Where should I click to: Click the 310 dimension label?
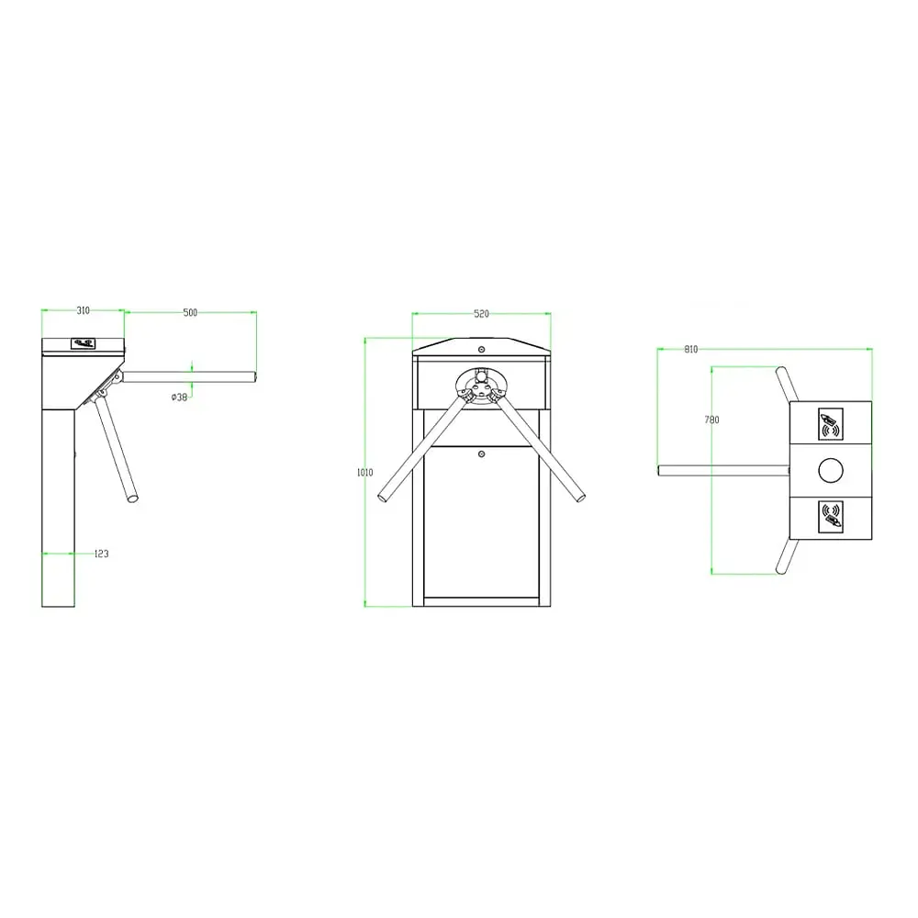84,311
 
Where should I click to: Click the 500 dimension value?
190,313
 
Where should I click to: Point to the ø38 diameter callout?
179,397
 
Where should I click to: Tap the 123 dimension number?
101,554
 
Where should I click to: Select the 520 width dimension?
481,314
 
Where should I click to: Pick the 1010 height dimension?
364,473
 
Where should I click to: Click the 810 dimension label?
691,350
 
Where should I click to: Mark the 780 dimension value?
712,420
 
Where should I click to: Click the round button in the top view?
830,470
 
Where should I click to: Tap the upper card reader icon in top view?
830,424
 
